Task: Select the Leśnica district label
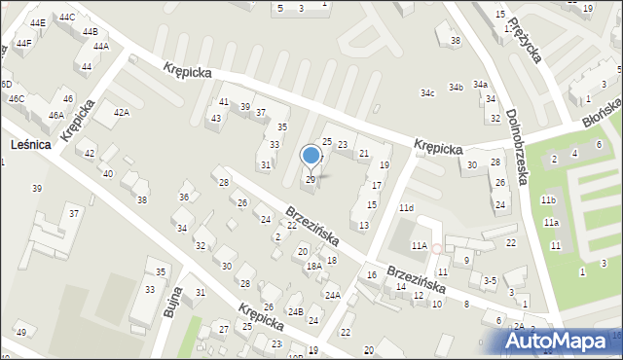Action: pyautogui.click(x=31, y=145)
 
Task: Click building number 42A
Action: pyautogui.click(x=122, y=113)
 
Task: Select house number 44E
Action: pyautogui.click(x=37, y=21)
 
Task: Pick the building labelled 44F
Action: pyautogui.click(x=23, y=43)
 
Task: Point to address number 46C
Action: pyautogui.click(x=17, y=98)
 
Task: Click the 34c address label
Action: pyautogui.click(x=427, y=93)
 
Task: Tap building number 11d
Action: pyautogui.click(x=406, y=208)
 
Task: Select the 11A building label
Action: pyautogui.click(x=420, y=246)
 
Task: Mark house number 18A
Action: pyautogui.click(x=313, y=266)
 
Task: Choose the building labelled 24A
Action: pyautogui.click(x=333, y=295)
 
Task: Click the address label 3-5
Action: pyautogui.click(x=491, y=280)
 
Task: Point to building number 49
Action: pyautogui.click(x=21, y=334)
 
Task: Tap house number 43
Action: pyautogui.click(x=215, y=118)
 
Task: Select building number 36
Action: pyautogui.click(x=183, y=198)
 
